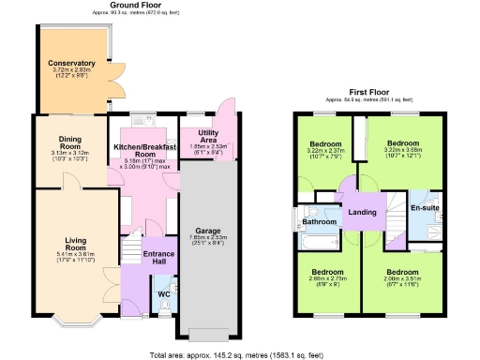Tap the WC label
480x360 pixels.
(x=163, y=293)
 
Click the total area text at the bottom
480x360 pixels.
(x=240, y=354)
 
